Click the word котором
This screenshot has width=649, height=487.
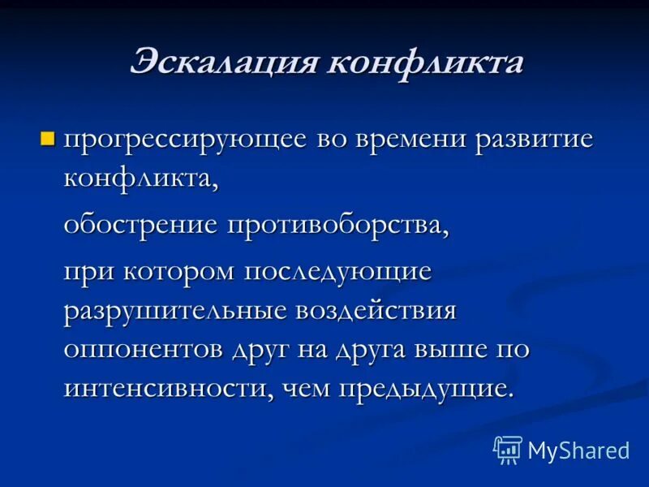[x=177, y=271]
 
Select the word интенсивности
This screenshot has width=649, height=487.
[x=167, y=387]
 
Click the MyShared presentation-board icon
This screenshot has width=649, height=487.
[x=507, y=448]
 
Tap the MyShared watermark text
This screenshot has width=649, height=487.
[x=578, y=450]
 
